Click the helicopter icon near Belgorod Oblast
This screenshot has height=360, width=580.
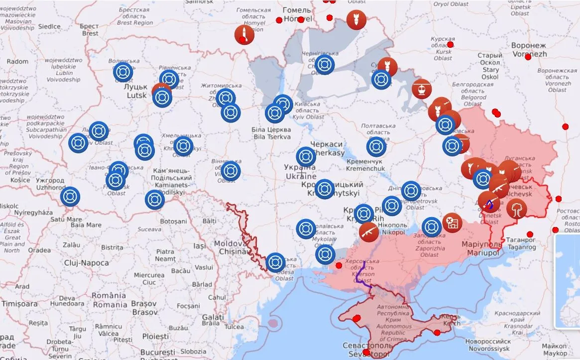[422, 89]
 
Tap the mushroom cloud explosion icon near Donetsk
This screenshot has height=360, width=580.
[517, 208]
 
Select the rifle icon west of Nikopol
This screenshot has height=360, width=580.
[368, 231]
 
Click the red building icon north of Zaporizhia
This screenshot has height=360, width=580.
[452, 222]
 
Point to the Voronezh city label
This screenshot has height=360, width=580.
[529, 49]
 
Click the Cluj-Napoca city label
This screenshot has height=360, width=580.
[86, 262]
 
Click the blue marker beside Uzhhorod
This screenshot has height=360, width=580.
[70, 196]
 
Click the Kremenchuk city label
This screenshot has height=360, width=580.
[365, 165]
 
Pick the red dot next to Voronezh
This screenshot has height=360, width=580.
[528, 57]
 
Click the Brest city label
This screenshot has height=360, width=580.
[90, 30]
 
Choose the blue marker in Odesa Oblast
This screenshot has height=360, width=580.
[275, 262]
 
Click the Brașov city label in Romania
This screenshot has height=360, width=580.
[131, 308]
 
